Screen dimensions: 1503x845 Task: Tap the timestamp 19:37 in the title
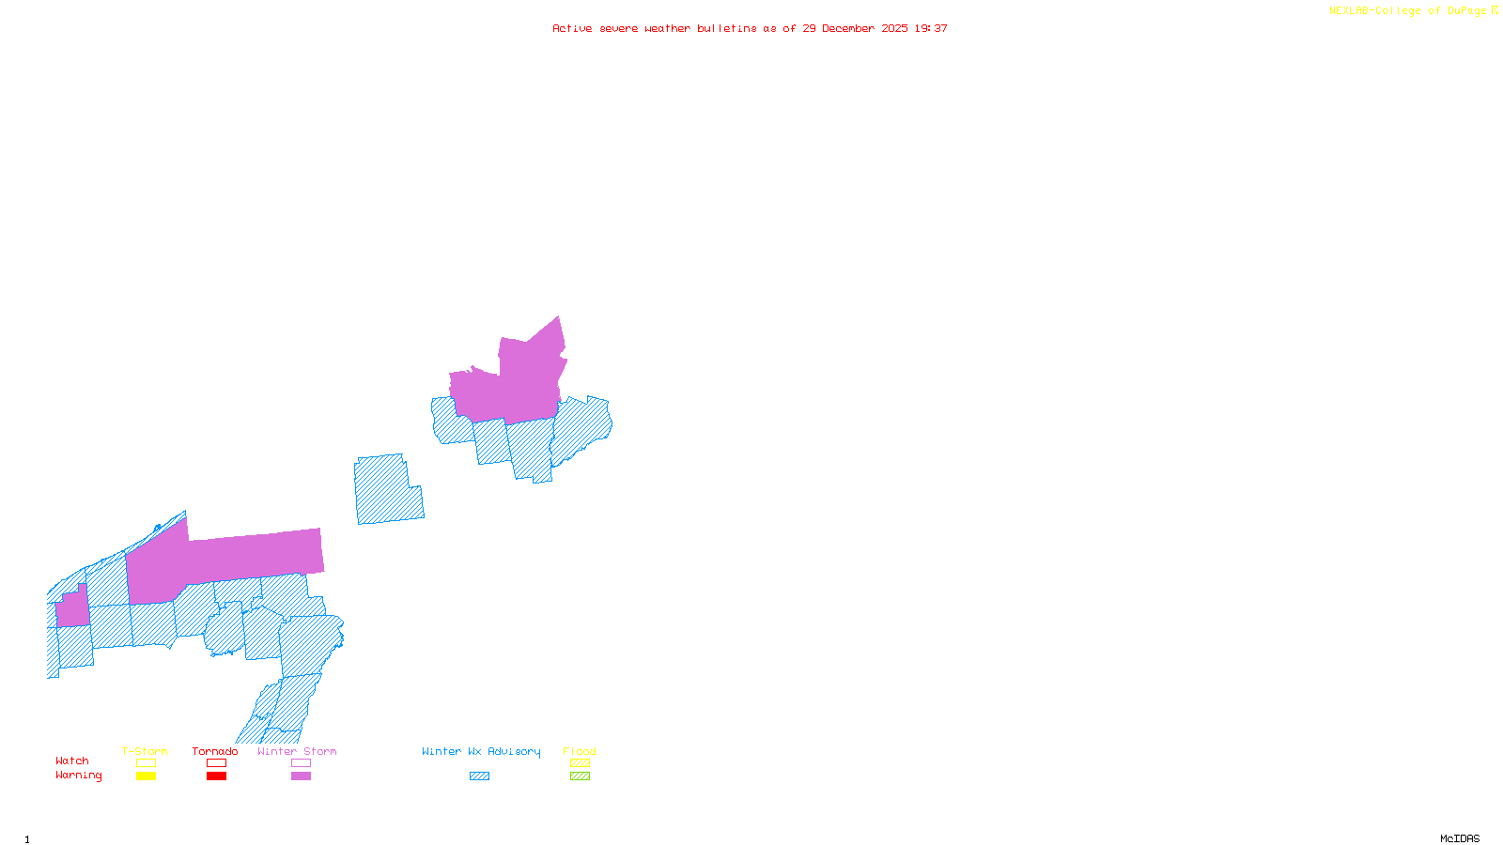click(x=931, y=29)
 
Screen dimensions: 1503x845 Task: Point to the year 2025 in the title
click(x=894, y=29)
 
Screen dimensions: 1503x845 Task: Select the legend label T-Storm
click(x=145, y=751)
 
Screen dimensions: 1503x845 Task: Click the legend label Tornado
click(x=215, y=751)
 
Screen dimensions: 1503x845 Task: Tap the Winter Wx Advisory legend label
click(x=481, y=751)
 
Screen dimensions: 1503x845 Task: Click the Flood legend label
click(x=580, y=751)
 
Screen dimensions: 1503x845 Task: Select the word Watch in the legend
click(x=72, y=761)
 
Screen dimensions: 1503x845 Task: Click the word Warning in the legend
click(x=78, y=776)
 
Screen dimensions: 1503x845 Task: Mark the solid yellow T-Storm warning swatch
click(x=146, y=776)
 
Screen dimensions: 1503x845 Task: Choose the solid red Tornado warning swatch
click(x=216, y=776)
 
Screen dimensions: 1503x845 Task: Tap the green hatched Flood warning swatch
click(x=581, y=776)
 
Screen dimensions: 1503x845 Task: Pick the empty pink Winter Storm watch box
click(x=301, y=763)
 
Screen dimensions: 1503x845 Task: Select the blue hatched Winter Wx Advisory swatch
click(x=479, y=776)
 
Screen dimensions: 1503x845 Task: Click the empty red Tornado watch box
click(x=216, y=763)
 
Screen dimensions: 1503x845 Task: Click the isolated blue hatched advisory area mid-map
click(x=386, y=490)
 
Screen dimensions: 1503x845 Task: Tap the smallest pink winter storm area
click(x=72, y=607)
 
